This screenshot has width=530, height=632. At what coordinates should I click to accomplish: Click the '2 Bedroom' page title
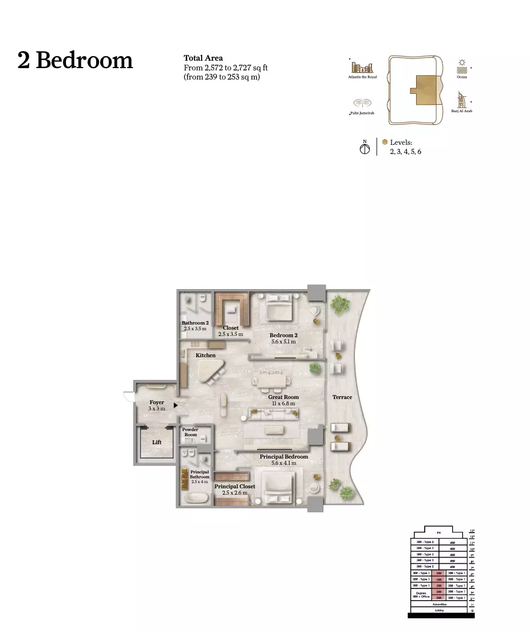(75, 61)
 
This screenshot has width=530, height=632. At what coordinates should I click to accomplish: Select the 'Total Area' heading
(203, 58)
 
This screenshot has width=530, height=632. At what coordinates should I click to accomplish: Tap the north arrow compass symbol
(365, 148)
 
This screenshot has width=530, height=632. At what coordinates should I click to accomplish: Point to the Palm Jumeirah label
(362, 113)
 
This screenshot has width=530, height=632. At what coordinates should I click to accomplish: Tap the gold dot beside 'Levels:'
(385, 142)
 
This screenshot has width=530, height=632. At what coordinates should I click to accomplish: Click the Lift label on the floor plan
(157, 442)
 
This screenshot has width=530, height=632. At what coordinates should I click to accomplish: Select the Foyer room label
(157, 402)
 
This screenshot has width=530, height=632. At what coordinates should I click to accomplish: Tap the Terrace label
(342, 397)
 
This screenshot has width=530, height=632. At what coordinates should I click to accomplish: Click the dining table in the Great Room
(273, 380)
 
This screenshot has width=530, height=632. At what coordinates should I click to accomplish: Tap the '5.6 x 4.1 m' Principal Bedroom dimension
(284, 463)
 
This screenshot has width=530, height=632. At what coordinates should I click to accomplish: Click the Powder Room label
(191, 432)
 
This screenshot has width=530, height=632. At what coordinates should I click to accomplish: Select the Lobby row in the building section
(439, 610)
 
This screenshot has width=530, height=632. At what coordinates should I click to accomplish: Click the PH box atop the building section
(439, 533)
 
